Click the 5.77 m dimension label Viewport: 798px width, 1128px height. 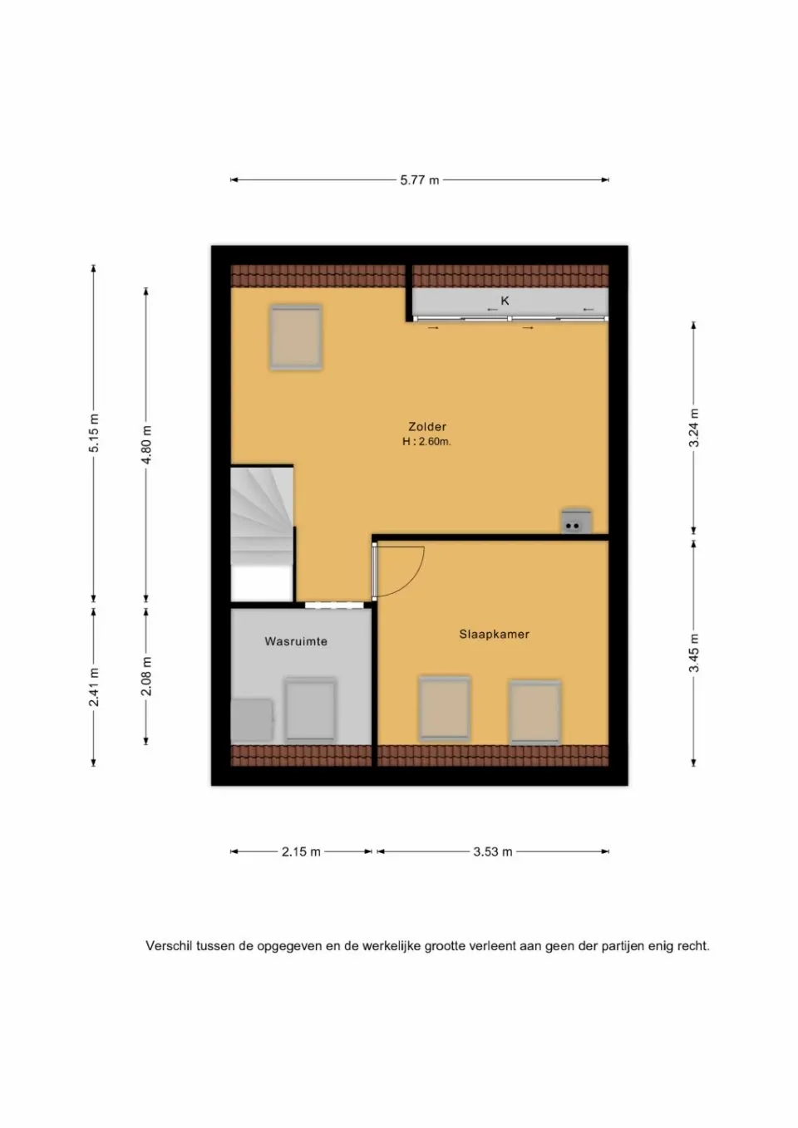click(x=420, y=180)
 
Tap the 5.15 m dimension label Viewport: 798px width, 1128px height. click(x=94, y=433)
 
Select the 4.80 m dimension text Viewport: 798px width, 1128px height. click(x=146, y=444)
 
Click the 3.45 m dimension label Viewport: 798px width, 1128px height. click(x=694, y=653)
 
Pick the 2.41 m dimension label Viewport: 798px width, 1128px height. click(x=94, y=687)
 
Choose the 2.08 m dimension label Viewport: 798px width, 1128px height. click(x=146, y=676)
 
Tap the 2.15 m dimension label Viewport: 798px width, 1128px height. click(x=301, y=852)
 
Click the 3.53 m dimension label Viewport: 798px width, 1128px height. click(x=493, y=852)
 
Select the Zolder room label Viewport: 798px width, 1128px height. click(x=427, y=427)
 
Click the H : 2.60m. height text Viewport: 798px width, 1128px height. click(x=426, y=442)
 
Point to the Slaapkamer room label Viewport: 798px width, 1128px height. click(x=494, y=635)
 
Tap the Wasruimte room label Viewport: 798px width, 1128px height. click(x=296, y=642)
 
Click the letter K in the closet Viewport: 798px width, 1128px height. click(x=505, y=301)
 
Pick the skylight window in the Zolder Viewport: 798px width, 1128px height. click(x=296, y=336)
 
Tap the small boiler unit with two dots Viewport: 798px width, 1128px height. click(x=575, y=521)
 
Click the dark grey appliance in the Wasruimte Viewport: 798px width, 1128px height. click(x=252, y=720)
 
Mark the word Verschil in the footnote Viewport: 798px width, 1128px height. click(x=169, y=946)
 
